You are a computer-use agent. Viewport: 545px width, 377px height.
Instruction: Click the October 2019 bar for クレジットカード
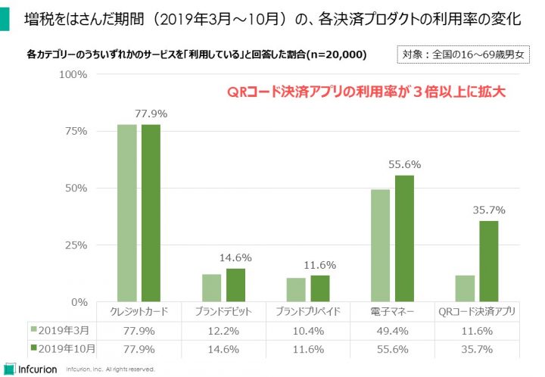click(150, 213)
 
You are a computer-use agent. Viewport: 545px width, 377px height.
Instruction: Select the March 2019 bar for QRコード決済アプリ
click(465, 288)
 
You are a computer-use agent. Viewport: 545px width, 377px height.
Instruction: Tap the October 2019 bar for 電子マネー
click(405, 238)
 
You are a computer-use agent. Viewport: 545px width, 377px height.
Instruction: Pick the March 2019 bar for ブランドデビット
click(212, 288)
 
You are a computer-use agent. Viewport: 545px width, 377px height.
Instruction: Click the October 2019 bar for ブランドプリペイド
click(321, 288)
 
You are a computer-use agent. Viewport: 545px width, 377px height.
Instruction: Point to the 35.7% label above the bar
click(488, 210)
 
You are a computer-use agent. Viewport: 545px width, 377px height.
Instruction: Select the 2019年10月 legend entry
click(62, 348)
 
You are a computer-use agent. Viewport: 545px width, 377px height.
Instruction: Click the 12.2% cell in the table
click(224, 330)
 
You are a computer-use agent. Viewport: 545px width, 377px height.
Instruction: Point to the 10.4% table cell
click(309, 330)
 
